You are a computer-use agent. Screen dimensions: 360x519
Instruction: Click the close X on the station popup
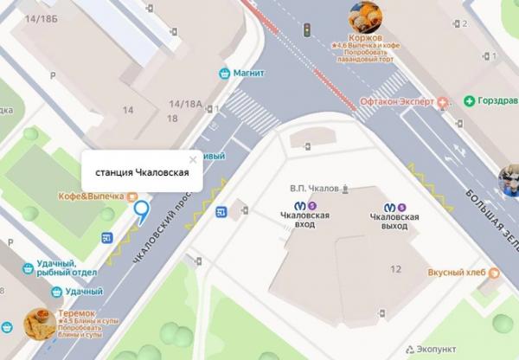[193, 159]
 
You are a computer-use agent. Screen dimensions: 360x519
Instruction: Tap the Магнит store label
[248, 73]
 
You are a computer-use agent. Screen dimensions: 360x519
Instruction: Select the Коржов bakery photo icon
[364, 16]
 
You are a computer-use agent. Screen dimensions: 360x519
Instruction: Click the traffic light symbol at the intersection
[305, 30]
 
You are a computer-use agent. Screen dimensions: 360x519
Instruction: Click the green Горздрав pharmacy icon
[469, 100]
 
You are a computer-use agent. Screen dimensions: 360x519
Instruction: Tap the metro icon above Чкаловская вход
[300, 206]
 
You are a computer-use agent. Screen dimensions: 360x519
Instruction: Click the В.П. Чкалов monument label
[317, 188]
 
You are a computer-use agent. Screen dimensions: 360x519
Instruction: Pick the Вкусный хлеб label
[457, 273]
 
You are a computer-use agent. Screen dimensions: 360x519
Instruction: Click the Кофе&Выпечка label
[91, 196]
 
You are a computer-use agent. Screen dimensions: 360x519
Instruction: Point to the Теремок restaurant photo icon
[38, 324]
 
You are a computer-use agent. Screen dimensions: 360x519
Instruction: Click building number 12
[396, 270]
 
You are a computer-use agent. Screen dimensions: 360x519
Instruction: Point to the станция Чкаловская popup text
[142, 172]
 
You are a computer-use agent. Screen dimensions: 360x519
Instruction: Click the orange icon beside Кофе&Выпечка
[131, 196]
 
